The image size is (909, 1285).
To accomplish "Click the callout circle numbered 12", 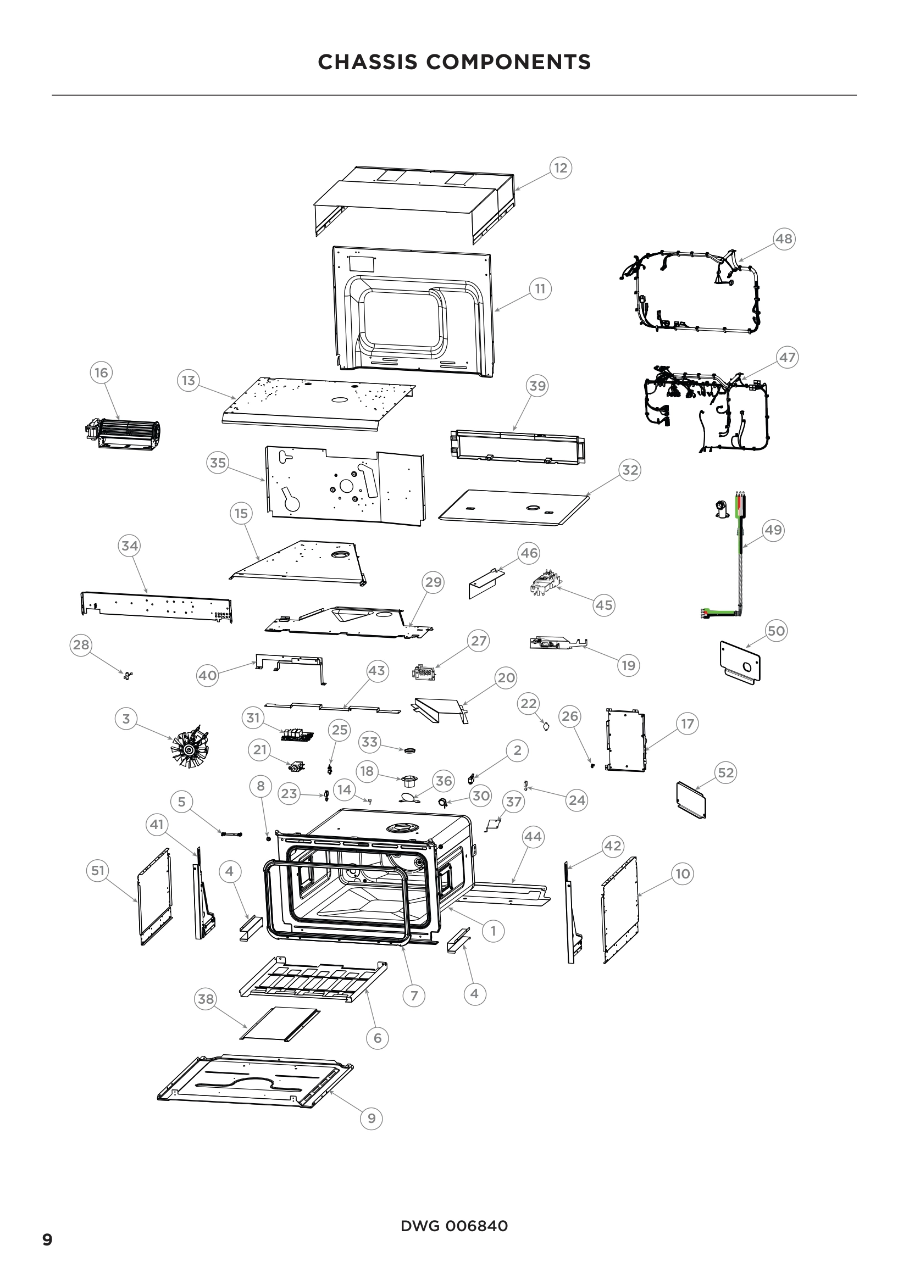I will point(560,168).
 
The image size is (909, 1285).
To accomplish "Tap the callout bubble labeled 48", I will point(784,239).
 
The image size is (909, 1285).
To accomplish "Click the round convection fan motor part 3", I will point(189,744).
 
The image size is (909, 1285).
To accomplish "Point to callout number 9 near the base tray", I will point(371,1118).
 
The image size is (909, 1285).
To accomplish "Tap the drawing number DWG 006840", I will point(454,1226).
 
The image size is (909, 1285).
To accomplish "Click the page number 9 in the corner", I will point(48,1239).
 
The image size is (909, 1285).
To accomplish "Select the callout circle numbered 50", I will point(776,631).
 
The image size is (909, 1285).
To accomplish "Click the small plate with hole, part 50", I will point(740,663).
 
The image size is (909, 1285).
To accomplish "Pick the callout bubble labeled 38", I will point(206,999).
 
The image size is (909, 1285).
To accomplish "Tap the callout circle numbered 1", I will point(493,931).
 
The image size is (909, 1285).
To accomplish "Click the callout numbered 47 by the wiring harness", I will point(787,357).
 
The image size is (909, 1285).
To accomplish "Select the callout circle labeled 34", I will point(129,546).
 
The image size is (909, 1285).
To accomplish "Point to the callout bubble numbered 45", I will point(603,605).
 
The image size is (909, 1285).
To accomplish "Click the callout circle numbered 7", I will point(414,995).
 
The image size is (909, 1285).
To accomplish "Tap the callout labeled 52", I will point(725,773).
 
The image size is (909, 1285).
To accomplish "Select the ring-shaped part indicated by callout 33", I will point(411,750).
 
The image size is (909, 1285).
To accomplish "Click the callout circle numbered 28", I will point(81,645).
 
